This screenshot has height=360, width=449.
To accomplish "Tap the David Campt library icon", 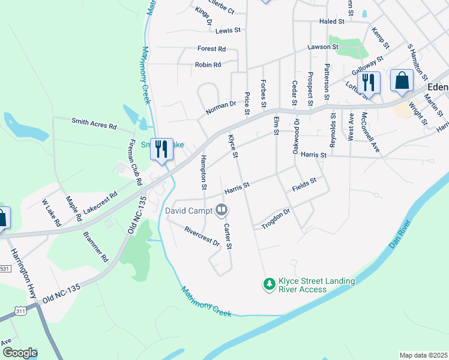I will pos(221,210).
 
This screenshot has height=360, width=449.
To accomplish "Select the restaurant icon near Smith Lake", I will pos(161,149).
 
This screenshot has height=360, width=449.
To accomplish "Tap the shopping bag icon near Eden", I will pos(402,80).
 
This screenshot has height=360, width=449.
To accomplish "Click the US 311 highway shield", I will pos(20,311).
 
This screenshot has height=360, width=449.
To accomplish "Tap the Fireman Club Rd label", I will pos(136,161).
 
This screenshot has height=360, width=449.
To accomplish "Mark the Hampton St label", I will pos(203,173).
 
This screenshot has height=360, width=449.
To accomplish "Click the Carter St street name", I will pos(228,236).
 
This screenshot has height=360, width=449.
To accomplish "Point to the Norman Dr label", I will pos(221,107).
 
